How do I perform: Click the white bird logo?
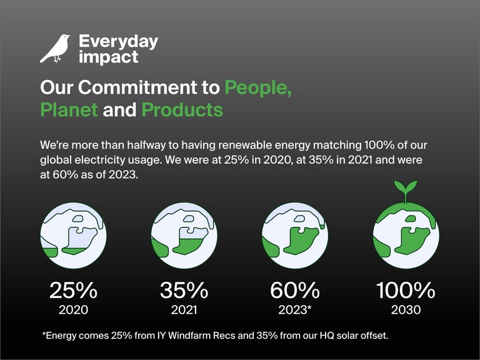55,49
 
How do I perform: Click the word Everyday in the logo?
118,42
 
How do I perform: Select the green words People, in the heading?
258,87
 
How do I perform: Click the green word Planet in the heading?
69,110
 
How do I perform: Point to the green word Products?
182,110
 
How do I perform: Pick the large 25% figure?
73,291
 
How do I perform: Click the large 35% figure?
184,291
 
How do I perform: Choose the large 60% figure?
294,291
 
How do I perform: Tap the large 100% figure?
405,291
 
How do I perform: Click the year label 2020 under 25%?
73,309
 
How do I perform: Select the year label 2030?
405,309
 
